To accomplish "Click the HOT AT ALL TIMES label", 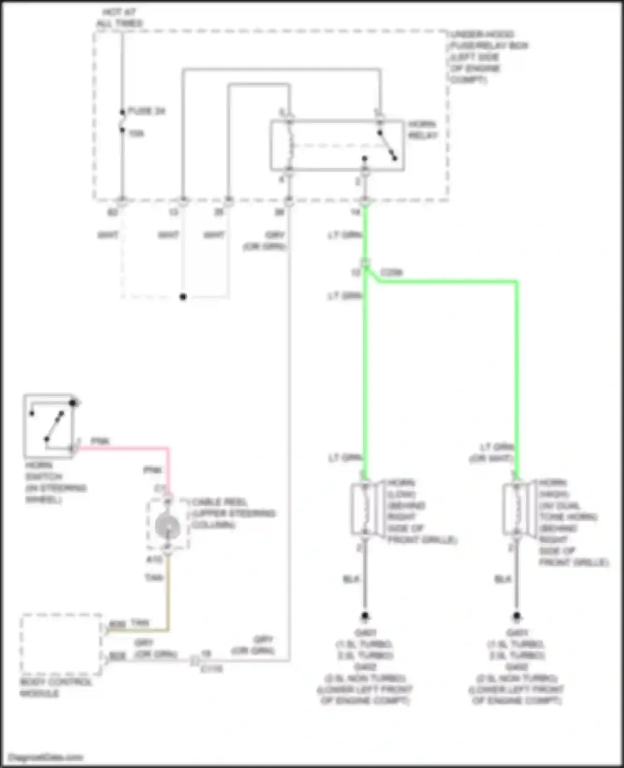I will coord(119,18).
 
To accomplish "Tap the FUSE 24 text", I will coord(146,111).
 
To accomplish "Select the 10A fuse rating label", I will coord(136,134).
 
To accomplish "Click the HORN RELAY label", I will coord(422,130).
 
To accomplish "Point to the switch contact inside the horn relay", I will coord(387,145).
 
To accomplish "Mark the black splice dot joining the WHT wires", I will coord(183,297).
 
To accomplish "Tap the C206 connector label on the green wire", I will coord(391,273).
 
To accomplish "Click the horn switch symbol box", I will coord(49,426).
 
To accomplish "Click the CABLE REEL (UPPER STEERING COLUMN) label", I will coord(233,513).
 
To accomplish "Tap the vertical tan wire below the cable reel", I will coord(168,591).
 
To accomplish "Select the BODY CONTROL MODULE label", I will coord(55,687).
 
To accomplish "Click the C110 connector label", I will coord(211,669).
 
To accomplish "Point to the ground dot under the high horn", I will coord(516,616).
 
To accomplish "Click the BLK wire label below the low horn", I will coord(351,579).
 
